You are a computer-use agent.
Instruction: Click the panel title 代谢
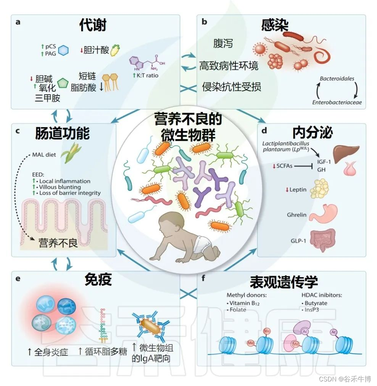tap(93, 25)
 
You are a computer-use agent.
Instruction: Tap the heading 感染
tap(275, 25)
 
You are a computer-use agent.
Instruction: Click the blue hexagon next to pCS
tap(64, 50)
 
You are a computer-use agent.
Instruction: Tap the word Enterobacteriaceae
tap(337, 102)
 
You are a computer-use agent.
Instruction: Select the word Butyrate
tap(316, 303)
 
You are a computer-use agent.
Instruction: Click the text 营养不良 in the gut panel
tap(58, 243)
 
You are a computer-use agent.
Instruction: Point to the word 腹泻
tap(223, 44)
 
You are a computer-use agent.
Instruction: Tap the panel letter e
tap(18, 278)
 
